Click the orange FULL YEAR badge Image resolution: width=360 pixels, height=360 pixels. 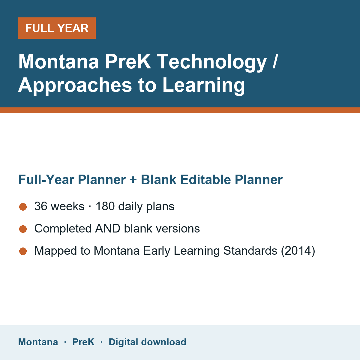pos(57,28)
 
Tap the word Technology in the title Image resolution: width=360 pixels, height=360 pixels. pos(212,62)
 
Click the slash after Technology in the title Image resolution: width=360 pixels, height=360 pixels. pos(275,61)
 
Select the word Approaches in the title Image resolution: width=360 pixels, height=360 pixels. pos(75,85)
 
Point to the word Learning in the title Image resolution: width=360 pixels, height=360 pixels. pos(204,85)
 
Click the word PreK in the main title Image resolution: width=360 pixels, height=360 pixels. pos(128,61)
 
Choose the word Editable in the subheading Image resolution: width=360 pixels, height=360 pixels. pos(205,180)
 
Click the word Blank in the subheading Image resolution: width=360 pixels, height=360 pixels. pos(159,180)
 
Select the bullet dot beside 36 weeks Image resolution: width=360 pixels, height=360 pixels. pos(23,207)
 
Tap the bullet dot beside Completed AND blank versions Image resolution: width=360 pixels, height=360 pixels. pos(23,229)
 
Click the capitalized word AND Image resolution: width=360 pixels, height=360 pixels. pos(108,229)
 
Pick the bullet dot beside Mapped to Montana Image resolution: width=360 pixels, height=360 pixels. pos(23,251)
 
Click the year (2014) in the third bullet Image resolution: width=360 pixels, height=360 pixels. pos(298,251)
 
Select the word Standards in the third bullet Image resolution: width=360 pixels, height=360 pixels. pos(250,251)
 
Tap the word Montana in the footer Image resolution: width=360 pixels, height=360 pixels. pos(38,342)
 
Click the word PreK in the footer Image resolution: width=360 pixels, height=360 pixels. pos(83,342)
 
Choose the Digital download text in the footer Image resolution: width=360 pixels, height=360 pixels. pos(148,342)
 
